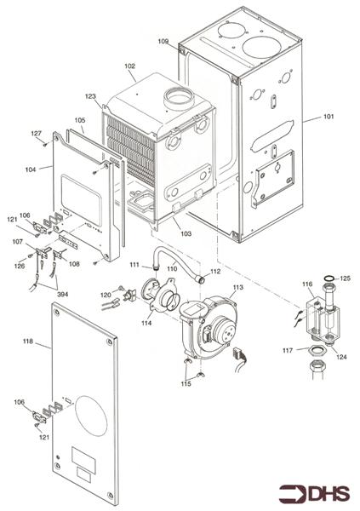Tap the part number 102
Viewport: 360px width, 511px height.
(129, 66)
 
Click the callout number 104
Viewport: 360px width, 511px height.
(31, 170)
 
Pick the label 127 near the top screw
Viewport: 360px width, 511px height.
(37, 134)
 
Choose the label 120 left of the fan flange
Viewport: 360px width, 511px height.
(106, 295)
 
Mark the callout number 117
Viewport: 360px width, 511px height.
(288, 349)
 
